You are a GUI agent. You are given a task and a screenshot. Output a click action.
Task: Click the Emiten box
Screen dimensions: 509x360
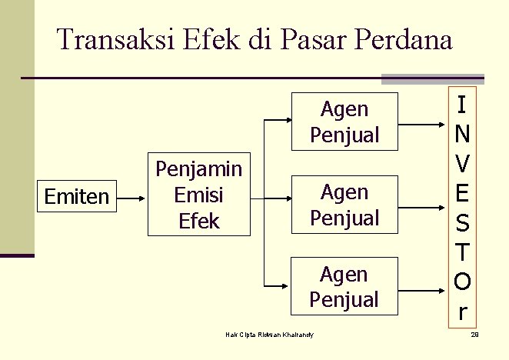pos(77,197)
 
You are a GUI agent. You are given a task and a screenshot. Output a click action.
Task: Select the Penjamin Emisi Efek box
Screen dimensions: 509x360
pos(198,195)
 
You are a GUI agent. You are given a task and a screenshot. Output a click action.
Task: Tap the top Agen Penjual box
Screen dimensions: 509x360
pos(344,122)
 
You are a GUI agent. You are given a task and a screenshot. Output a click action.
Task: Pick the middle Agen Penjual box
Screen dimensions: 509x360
pos(344,205)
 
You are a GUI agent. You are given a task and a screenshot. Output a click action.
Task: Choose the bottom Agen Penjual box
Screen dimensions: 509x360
pos(344,287)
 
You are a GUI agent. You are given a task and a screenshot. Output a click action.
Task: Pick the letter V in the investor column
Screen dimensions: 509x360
pos(461,163)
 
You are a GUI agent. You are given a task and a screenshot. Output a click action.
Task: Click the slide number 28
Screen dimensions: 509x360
pos(474,335)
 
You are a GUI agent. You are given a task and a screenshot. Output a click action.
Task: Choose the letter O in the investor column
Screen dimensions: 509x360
pos(462,282)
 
